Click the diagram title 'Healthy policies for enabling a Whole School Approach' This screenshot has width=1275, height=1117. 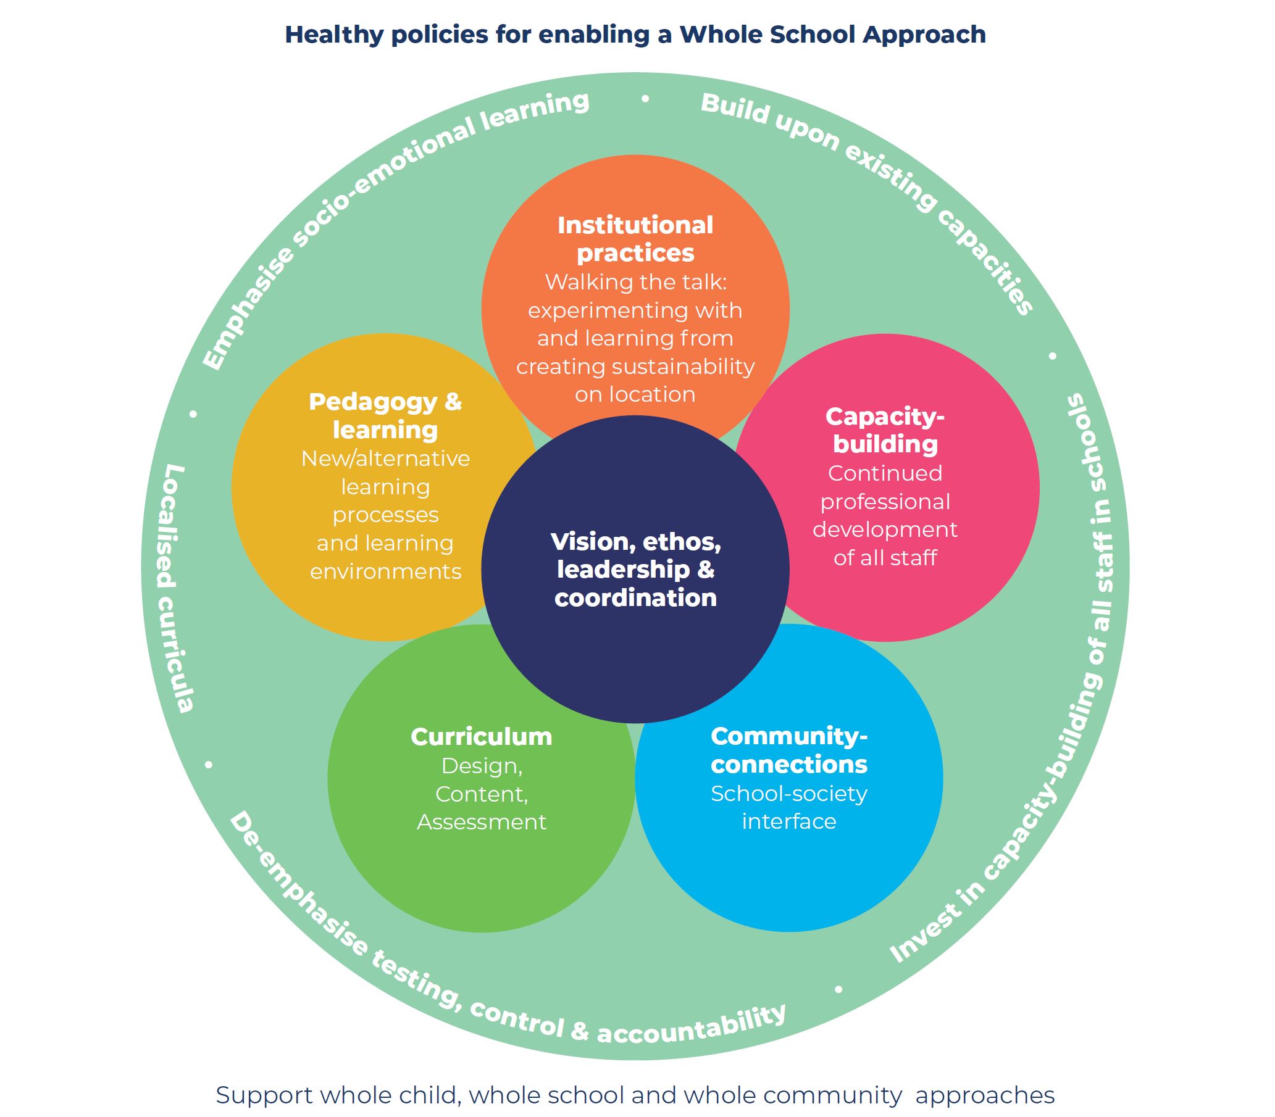click(x=635, y=35)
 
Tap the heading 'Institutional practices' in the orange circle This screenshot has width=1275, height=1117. click(x=635, y=239)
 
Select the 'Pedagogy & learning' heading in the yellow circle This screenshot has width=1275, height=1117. click(x=385, y=416)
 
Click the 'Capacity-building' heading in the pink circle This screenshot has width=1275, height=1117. click(x=885, y=430)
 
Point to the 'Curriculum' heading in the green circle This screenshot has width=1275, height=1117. click(x=482, y=737)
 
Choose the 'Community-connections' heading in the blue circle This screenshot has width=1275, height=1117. click(x=789, y=750)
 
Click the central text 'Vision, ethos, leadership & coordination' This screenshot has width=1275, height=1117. click(x=636, y=569)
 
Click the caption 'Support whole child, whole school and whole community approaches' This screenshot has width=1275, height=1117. click(x=635, y=1095)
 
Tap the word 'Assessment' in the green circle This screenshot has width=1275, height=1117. click(x=482, y=821)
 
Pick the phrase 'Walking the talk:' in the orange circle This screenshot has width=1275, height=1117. click(x=636, y=283)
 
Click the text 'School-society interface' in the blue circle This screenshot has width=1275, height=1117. click(x=789, y=807)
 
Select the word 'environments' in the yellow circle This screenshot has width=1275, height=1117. click(x=386, y=571)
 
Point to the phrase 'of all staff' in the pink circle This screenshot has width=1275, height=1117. click(x=885, y=557)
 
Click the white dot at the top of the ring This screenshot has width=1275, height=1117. click(x=645, y=99)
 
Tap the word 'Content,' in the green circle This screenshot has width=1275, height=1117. click(x=482, y=794)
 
